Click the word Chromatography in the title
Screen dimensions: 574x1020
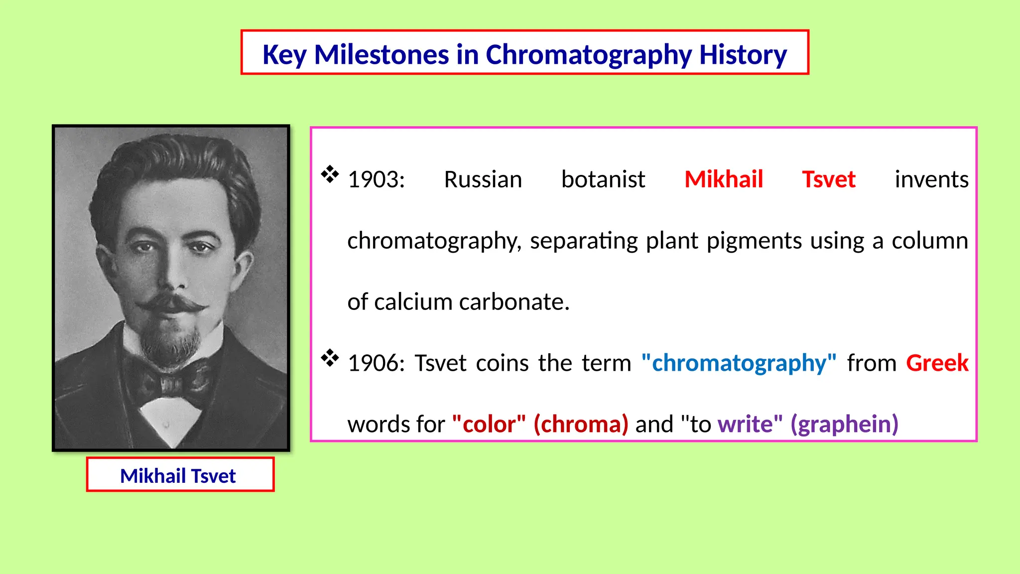[x=588, y=54]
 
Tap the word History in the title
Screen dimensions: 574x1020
[x=743, y=54]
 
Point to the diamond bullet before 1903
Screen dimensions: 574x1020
[x=330, y=174]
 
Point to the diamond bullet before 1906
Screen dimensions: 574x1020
[x=330, y=358]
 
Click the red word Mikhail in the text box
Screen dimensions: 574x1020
[x=723, y=179]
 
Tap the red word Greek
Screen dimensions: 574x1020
[x=937, y=363]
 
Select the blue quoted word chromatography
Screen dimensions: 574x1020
[x=739, y=363]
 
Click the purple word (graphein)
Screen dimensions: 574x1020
[x=844, y=425]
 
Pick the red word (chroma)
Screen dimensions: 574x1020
[x=580, y=425]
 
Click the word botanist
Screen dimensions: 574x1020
[x=603, y=179]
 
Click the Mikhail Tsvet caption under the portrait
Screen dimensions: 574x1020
[x=178, y=476]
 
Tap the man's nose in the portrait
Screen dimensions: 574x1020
[x=172, y=277]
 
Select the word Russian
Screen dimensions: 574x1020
[x=483, y=179]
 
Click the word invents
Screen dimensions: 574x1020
[x=931, y=179]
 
